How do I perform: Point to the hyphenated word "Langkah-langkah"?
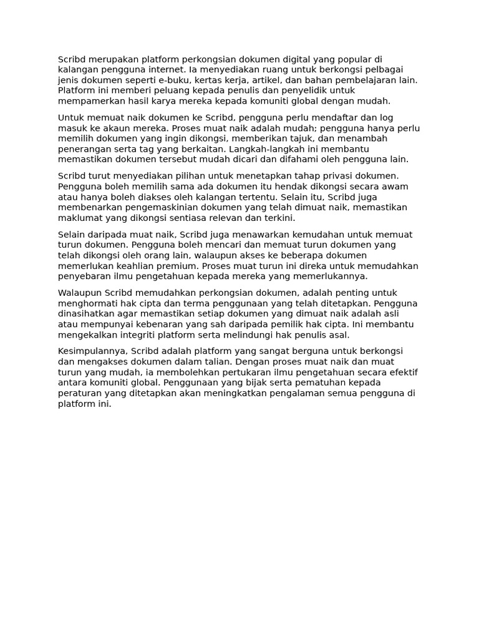coord(265,150)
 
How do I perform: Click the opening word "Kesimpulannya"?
coord(92,351)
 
